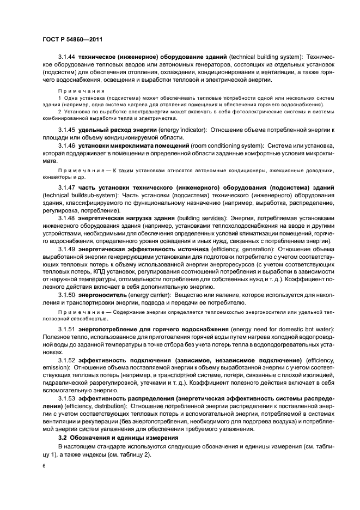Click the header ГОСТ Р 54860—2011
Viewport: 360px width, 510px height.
tap(73, 40)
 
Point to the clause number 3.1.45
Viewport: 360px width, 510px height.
tap(67, 130)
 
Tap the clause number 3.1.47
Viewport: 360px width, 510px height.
tap(67, 187)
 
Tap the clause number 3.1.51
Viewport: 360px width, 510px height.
tap(67, 330)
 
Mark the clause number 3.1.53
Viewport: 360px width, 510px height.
tap(67, 399)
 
